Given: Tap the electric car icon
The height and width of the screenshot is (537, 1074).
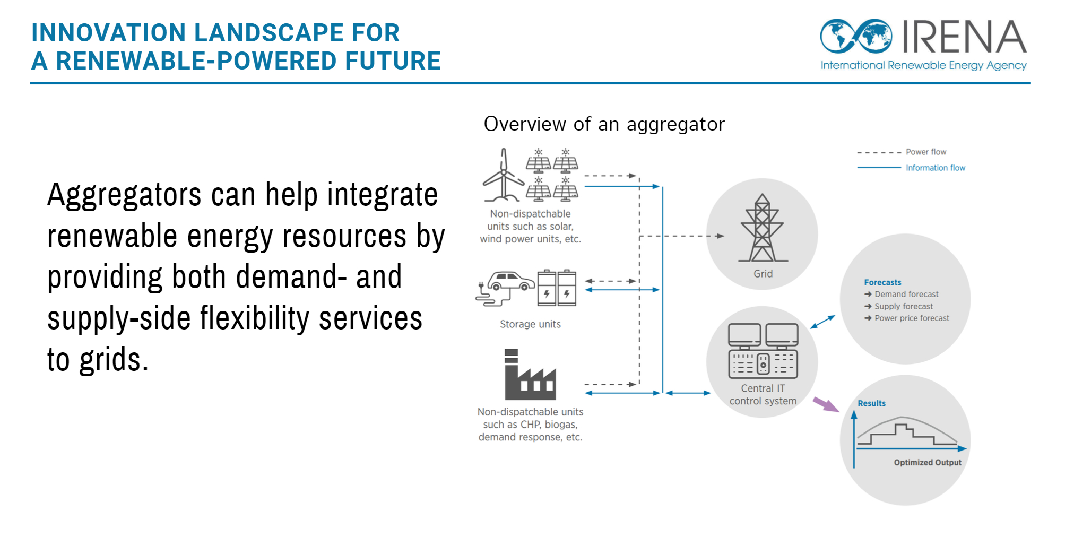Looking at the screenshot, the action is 506,288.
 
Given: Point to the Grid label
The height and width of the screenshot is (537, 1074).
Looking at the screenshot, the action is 763,274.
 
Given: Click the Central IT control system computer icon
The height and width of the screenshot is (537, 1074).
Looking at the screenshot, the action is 763,350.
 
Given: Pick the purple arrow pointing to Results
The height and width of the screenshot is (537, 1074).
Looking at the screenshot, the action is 826,404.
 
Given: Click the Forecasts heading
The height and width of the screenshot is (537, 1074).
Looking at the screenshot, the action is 882,282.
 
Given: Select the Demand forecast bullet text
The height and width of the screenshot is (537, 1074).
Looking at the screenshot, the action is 906,294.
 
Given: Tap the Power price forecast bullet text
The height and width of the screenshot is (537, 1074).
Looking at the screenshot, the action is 912,318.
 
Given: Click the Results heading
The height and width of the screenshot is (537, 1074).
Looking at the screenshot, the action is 871,403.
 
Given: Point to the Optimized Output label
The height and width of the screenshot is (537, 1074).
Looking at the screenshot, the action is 928,462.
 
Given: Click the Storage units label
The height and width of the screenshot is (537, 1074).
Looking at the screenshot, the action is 530,324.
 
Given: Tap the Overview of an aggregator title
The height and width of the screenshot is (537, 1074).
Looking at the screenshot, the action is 604,124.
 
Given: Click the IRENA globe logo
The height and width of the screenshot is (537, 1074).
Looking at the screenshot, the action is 856,36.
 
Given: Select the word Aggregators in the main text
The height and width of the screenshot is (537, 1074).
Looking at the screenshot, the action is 124,195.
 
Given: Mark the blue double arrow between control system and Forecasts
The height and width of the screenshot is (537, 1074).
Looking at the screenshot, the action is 822,322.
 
